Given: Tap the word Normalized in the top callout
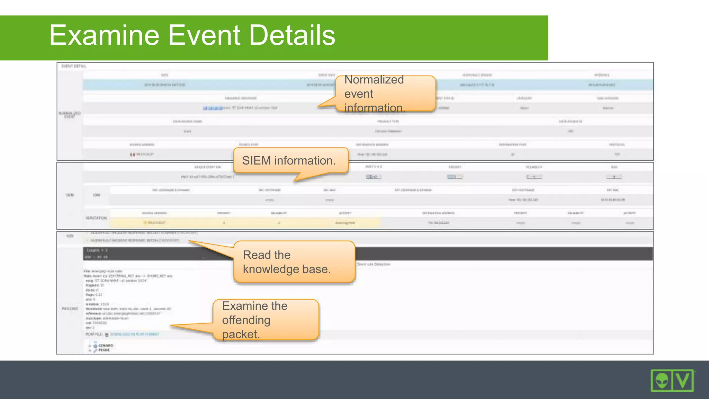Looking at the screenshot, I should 374,80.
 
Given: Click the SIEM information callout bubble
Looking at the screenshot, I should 289,161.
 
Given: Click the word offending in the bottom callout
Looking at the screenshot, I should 246,320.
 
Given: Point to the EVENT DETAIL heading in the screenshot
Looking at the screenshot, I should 74,66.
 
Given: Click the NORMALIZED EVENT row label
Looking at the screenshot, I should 70,115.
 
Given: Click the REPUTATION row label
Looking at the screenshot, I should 96,218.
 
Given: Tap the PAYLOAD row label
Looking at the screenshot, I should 70,309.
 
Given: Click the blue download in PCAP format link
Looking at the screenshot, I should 134,335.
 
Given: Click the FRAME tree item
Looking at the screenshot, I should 104,350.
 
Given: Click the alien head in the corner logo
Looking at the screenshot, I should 662,381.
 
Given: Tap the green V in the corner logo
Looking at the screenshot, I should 683,381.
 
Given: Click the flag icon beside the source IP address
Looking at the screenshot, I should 132,154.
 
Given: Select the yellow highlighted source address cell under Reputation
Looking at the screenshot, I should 155,223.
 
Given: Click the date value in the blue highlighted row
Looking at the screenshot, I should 164,85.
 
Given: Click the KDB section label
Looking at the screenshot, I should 70,236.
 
